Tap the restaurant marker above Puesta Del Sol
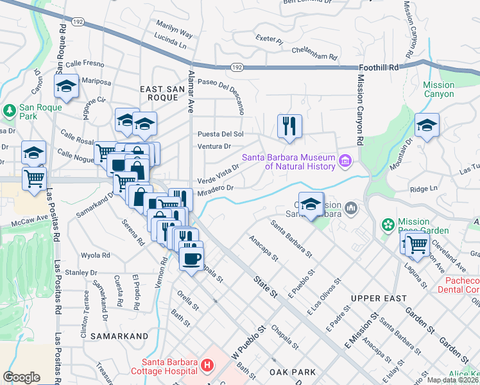tap(289, 126)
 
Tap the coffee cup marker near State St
tap(191, 259)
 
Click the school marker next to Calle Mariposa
tap(65, 87)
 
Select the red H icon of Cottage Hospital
tap(207, 366)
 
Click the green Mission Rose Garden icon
tap(388, 225)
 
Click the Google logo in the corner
tap(22, 377)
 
